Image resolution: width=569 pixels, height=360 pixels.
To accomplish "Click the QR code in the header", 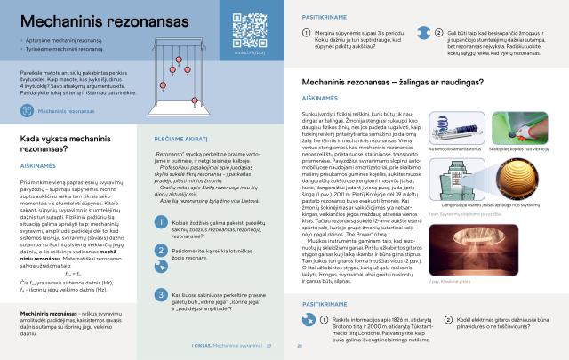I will (x=250, y=28).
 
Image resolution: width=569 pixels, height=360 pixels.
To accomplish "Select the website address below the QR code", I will (x=250, y=54).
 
